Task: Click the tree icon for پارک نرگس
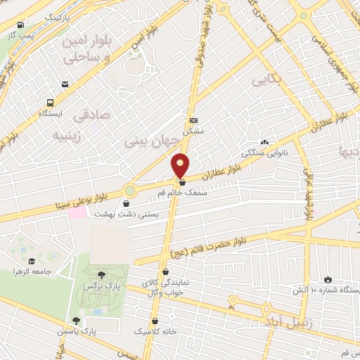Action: click(x=102, y=275)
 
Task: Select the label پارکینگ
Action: click(x=62, y=15)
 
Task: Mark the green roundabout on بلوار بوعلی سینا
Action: click(x=129, y=190)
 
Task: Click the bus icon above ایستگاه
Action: click(x=65, y=85)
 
